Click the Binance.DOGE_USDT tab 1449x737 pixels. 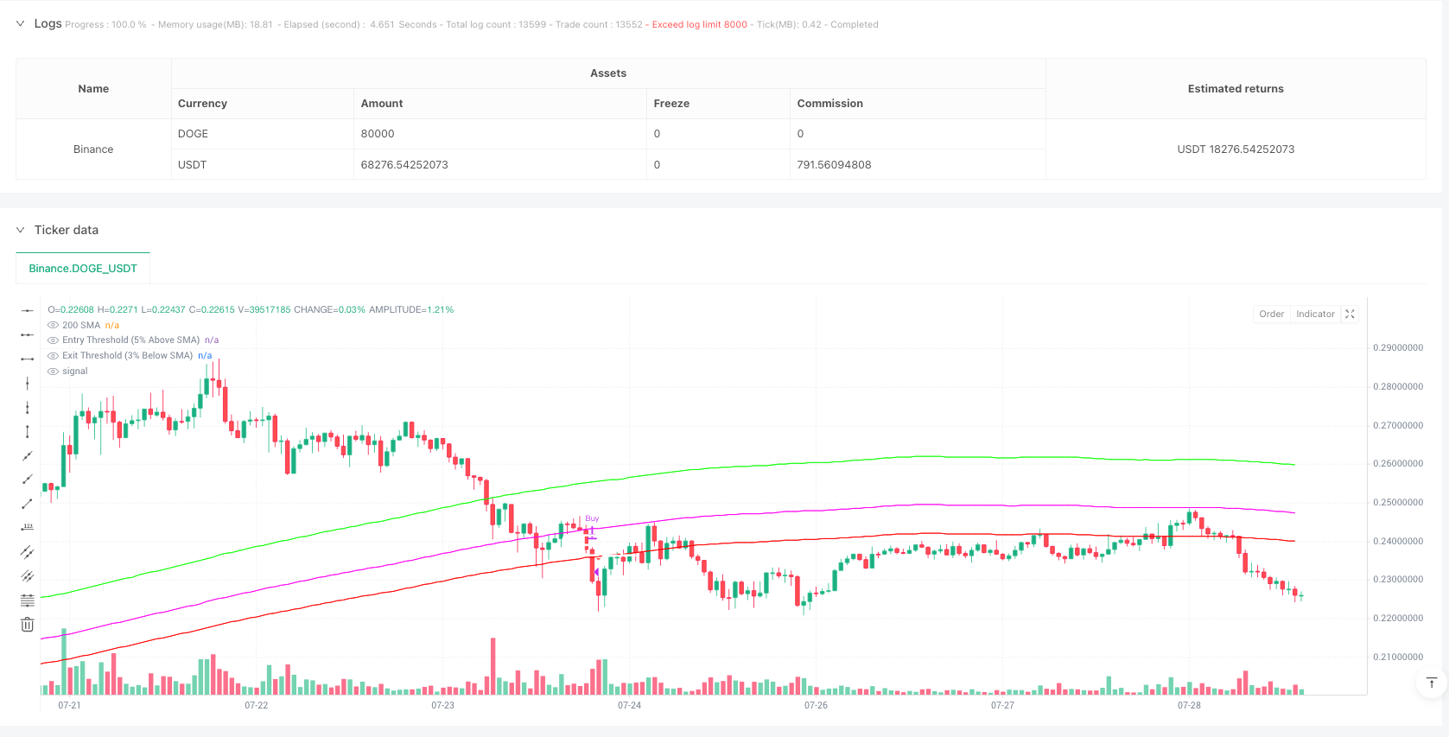coord(83,269)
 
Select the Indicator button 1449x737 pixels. coord(1315,314)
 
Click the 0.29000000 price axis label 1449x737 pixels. coord(1397,348)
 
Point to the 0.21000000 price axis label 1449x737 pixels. coord(1397,658)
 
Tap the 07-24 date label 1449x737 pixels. coord(629,706)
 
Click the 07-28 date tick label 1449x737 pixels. coord(1189,706)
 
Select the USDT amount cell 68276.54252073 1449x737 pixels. coord(404,165)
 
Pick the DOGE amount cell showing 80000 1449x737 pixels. coord(378,134)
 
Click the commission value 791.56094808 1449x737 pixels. coord(834,165)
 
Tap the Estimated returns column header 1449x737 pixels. coord(1235,89)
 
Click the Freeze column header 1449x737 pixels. coord(671,104)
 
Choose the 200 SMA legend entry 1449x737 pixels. coord(81,326)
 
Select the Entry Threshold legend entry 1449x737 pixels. coord(130,340)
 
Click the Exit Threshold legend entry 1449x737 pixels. coord(127,356)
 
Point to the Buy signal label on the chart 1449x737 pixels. coord(592,519)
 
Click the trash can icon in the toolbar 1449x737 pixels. coord(28,625)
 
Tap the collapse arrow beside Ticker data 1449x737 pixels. coord(20,231)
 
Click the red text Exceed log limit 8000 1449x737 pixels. coord(699,25)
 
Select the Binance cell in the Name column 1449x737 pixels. coord(93,149)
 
